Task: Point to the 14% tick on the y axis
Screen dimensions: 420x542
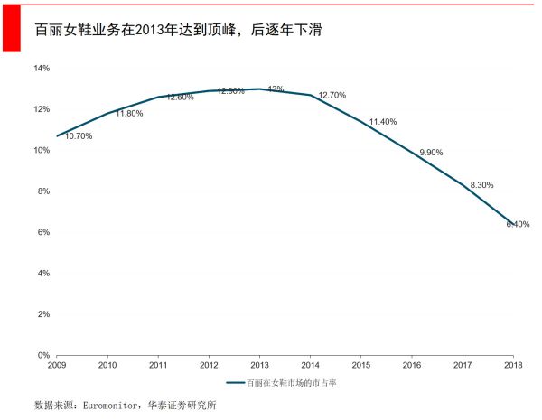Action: (42, 69)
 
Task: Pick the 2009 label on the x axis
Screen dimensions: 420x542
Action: (57, 365)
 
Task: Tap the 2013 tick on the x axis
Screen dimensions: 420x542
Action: (259, 365)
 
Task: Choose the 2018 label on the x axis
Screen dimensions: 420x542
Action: (513, 365)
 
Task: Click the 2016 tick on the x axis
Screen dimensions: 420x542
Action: (412, 365)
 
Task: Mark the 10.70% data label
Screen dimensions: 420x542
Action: (79, 136)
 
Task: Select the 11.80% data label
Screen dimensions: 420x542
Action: (129, 114)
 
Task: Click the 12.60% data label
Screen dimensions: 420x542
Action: (180, 98)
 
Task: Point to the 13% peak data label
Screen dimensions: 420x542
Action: (276, 89)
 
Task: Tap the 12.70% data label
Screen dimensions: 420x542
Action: (332, 95)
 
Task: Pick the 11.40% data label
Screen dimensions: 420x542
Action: (383, 122)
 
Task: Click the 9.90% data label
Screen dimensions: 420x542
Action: (432, 153)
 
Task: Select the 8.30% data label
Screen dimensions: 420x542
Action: (482, 185)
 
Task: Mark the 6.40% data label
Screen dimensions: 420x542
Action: (518, 224)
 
